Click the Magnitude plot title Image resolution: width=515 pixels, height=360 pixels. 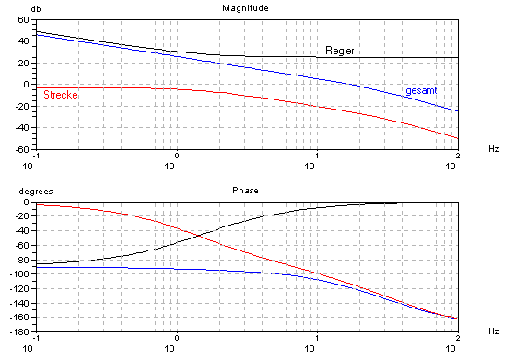244,8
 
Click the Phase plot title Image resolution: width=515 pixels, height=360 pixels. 244,191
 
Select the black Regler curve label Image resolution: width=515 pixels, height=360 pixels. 340,50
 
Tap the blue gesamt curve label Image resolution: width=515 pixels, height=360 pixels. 422,90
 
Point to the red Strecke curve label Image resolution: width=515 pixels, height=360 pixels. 60,95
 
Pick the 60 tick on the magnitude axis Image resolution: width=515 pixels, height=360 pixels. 21,18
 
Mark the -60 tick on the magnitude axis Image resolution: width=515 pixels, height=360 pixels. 18,148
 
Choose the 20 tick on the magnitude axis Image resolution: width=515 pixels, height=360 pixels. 21,62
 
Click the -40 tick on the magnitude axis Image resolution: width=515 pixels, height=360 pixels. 18,127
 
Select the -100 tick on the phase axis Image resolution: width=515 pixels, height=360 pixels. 16,274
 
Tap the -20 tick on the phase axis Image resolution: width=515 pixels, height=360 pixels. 18,216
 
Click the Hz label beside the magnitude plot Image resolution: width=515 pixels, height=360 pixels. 493,148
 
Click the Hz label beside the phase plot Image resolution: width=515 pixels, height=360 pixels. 493,331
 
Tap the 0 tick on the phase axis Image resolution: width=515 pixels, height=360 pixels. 24,203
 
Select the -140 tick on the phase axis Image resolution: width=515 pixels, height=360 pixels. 16,303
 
